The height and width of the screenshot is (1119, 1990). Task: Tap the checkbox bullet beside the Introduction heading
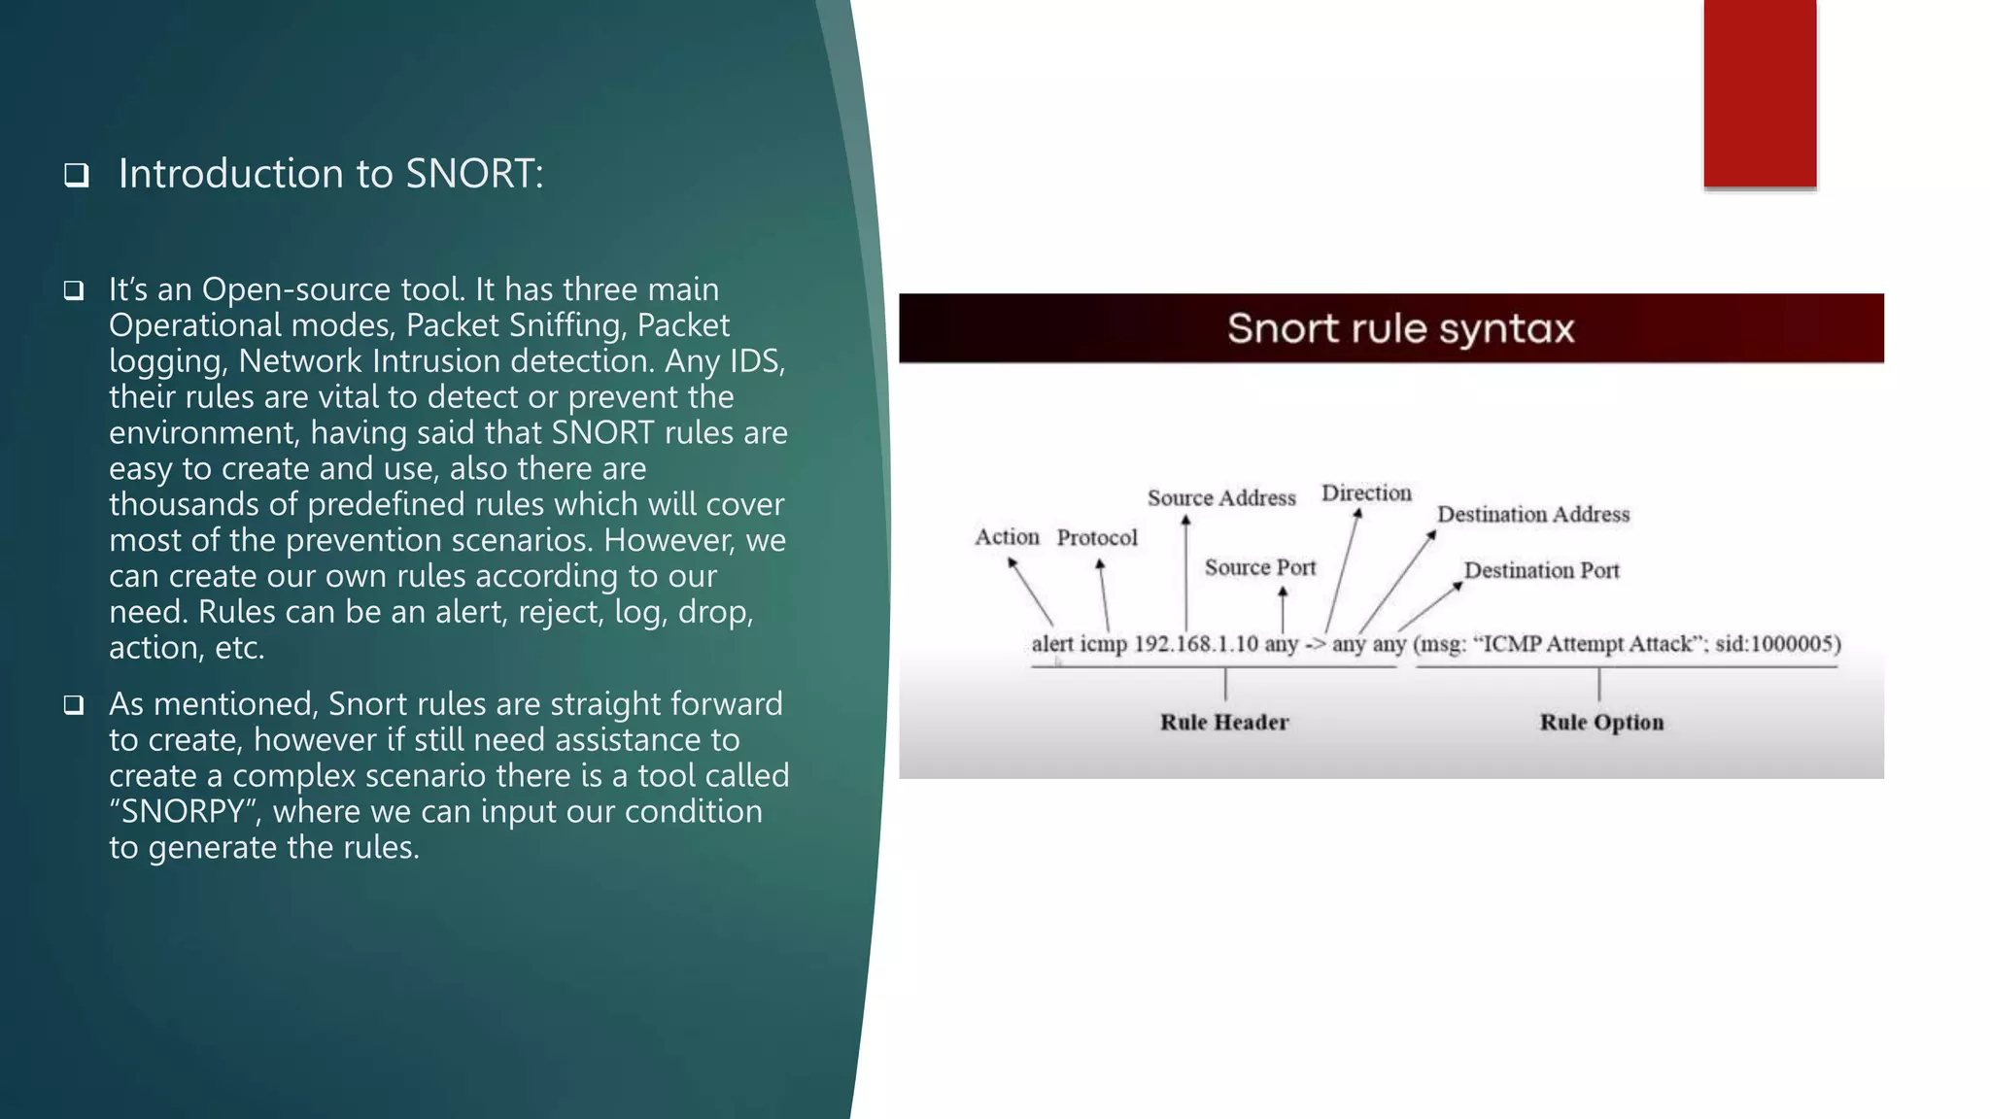point(77,175)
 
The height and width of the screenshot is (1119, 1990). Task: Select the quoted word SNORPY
point(183,811)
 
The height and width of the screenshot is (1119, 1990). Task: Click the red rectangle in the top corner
point(1760,93)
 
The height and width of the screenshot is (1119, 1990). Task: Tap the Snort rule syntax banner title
point(1400,328)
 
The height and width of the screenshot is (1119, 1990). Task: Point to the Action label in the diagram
point(1007,537)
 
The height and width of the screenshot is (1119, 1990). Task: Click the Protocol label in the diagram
point(1097,538)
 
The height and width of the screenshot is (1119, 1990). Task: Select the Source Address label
point(1221,498)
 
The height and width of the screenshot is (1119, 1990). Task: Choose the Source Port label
point(1260,567)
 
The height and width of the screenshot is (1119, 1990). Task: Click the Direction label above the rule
point(1366,493)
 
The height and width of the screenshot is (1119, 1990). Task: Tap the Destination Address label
point(1533,514)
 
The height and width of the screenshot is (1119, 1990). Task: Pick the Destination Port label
point(1542,570)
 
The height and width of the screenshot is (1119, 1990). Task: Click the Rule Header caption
point(1224,723)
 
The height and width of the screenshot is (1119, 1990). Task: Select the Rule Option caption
point(1601,723)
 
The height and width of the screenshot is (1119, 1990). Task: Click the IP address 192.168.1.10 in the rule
point(1196,644)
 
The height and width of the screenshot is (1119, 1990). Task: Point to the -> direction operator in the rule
point(1315,645)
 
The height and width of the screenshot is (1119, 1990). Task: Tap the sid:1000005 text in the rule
point(1777,644)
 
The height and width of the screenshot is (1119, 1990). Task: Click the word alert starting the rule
point(1052,644)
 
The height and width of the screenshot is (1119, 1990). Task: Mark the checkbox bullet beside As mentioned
point(74,705)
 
